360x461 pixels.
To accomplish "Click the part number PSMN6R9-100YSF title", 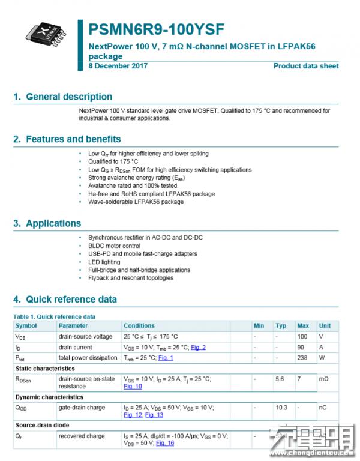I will pos(157,30).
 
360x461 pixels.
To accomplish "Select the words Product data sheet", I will pos(306,66).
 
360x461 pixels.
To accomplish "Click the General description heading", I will pos(63,97).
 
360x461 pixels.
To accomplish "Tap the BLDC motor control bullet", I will pos(114,246).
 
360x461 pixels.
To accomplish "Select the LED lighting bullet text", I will pos(104,262).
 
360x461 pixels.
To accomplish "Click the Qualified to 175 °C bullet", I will pos(113,161).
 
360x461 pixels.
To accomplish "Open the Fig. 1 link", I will pos(166,358).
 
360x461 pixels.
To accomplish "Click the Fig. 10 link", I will pos(133,387).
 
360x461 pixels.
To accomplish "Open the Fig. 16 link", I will pos(165,443).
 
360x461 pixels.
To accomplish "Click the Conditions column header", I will pos(139,325).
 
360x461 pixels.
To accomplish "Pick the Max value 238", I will pos(302,358).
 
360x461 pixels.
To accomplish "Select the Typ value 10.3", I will pos(281,408).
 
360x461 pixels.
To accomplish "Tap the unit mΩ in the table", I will pos(323,379).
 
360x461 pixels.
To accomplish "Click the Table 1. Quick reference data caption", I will pos(54,316).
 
